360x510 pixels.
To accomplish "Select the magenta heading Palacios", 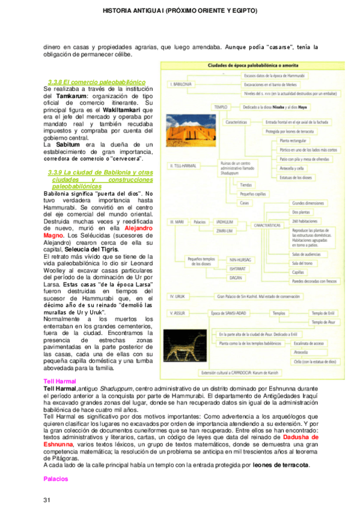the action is pyautogui.click(x=56, y=479).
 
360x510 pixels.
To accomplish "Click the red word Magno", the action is pyautogui.click(x=56, y=235).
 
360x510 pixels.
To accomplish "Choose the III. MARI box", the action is pyautogui.click(x=180, y=222).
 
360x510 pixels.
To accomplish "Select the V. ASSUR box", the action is pyautogui.click(x=181, y=313).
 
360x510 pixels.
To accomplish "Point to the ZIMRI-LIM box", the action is pyautogui.click(x=226, y=231).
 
